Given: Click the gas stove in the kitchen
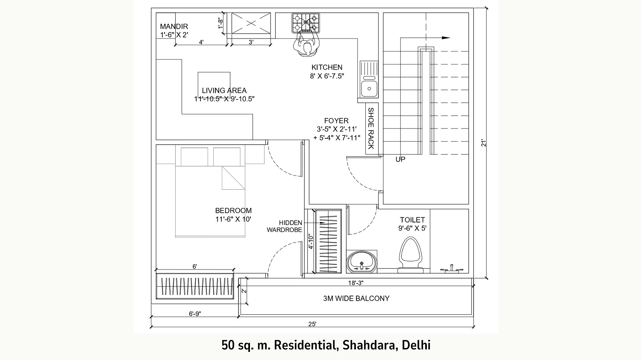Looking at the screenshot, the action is tap(306, 23).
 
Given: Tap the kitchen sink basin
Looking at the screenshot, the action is tap(369, 89).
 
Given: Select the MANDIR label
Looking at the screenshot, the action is tap(174, 26).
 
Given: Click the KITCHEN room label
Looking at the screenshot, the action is tap(327, 67).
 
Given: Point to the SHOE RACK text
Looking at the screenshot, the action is tap(371, 129).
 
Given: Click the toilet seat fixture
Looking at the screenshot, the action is tap(411, 255).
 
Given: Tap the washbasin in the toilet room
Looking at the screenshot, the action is tap(362, 262).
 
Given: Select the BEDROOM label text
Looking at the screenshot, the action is tap(233, 211).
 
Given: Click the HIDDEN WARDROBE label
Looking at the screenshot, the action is tap(285, 226).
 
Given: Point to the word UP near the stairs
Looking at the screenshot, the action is tap(400, 159).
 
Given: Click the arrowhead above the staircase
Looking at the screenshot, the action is tap(446, 38).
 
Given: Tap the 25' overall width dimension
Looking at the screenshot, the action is tap(312, 324).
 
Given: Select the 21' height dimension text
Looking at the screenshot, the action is tap(484, 143).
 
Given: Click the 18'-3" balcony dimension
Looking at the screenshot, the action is tap(356, 283).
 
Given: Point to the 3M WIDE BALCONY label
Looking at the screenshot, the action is tap(356, 299).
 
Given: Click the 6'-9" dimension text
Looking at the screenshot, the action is tap(195, 314).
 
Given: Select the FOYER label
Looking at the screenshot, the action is tap(336, 121).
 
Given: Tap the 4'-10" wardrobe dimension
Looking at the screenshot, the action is tap(311, 242).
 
